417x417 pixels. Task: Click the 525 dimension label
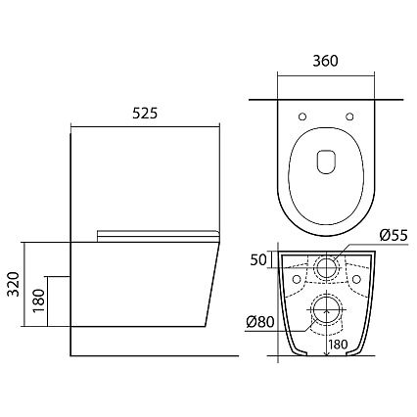tap(145, 114)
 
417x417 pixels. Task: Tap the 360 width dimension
tap(325, 61)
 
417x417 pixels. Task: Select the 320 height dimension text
tap(14, 284)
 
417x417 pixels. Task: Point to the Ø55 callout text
tap(394, 235)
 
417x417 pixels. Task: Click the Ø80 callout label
tap(259, 322)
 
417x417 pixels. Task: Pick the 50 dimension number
tap(258, 259)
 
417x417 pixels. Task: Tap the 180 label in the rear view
tap(338, 345)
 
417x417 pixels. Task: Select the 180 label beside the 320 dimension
tap(39, 301)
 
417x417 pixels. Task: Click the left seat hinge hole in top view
tap(302, 116)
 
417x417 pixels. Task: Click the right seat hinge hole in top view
tap(349, 116)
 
